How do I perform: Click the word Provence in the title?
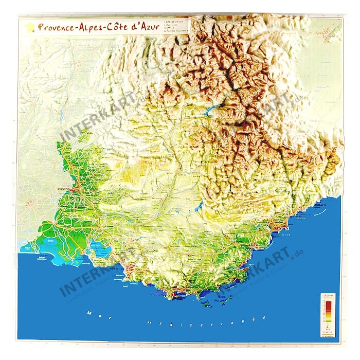[57, 26]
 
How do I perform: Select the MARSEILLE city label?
[118, 267]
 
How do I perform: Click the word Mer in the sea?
[93, 312]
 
